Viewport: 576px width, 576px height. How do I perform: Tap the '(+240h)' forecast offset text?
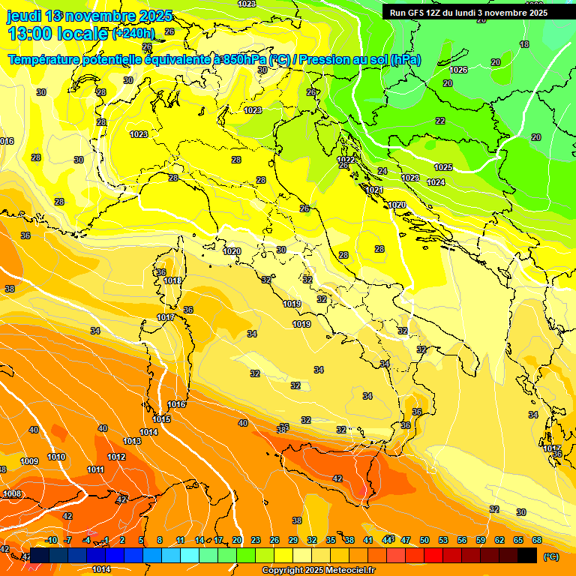pyautogui.click(x=133, y=33)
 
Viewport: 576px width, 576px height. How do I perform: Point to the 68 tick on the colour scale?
pyautogui.click(x=537, y=540)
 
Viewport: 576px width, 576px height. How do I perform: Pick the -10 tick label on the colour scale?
pyautogui.click(x=52, y=540)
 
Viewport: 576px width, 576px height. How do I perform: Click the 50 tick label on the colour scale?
pyautogui.click(x=424, y=540)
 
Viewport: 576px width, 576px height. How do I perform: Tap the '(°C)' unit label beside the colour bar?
pyautogui.click(x=551, y=556)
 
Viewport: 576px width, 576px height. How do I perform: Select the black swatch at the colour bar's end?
pyautogui.click(x=528, y=556)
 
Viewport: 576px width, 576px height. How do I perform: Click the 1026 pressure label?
pyautogui.click(x=458, y=70)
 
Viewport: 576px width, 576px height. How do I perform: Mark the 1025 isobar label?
pyautogui.click(x=443, y=167)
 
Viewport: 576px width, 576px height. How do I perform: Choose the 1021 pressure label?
pyautogui.click(x=375, y=190)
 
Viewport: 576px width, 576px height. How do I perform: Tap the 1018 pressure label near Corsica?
pyautogui.click(x=172, y=280)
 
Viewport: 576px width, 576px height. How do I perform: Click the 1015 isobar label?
pyautogui.click(x=161, y=419)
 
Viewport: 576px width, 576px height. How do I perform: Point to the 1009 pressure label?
pyautogui.click(x=29, y=461)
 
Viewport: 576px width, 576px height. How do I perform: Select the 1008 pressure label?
pyautogui.click(x=12, y=493)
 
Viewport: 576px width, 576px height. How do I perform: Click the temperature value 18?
pyautogui.click(x=523, y=44)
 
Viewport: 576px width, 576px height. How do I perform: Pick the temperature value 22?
pyautogui.click(x=440, y=121)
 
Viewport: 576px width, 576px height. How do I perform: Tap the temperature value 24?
pyautogui.click(x=382, y=171)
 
